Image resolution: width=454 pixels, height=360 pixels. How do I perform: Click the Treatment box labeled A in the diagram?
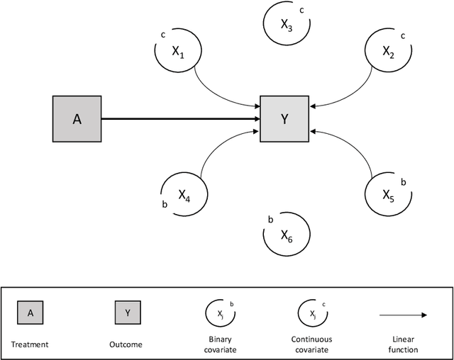coord(77,119)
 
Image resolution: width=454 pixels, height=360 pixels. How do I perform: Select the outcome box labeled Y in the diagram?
coord(284,119)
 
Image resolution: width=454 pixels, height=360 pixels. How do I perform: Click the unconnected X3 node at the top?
coord(285,25)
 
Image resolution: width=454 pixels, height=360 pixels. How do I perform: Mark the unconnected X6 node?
coord(286,235)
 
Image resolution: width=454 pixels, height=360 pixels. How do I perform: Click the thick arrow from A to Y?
coord(181,119)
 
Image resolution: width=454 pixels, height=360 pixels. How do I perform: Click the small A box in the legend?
coord(30,313)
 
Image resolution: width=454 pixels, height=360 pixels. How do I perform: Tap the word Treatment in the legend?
coord(30,344)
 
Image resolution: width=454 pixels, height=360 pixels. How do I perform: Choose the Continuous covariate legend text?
coord(311,344)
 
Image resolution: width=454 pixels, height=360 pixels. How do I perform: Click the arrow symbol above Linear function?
coord(403,315)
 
